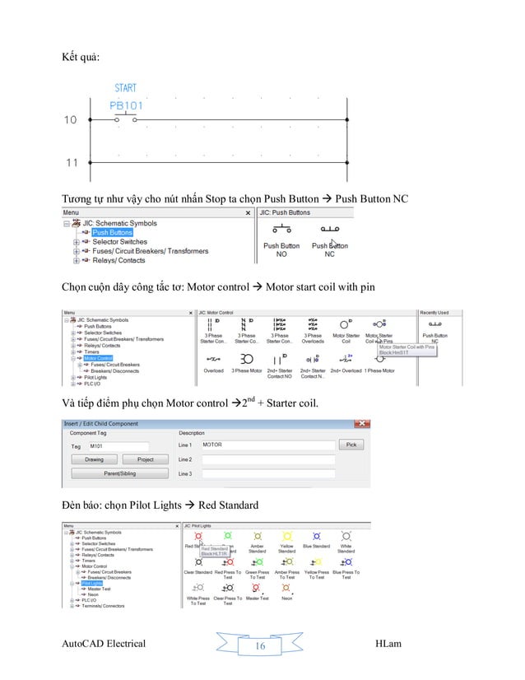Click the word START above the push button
point(126,88)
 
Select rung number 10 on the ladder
point(71,120)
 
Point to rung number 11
point(71,163)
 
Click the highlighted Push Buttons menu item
point(112,233)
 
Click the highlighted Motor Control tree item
point(97,358)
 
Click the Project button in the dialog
point(146,459)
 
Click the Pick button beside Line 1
point(351,445)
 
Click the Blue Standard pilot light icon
point(316,536)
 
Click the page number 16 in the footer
point(260,646)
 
